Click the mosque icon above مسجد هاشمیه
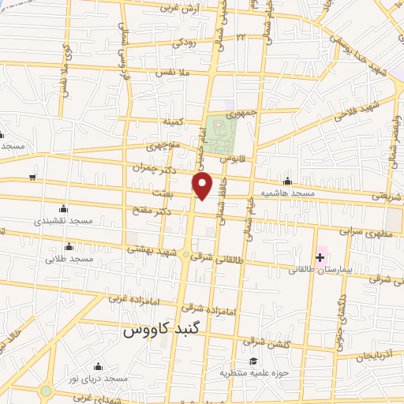click(287, 181)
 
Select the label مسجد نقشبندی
click(63, 222)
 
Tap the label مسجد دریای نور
click(98, 380)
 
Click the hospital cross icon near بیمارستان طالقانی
click(320, 257)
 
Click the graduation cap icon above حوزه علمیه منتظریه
click(252, 361)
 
